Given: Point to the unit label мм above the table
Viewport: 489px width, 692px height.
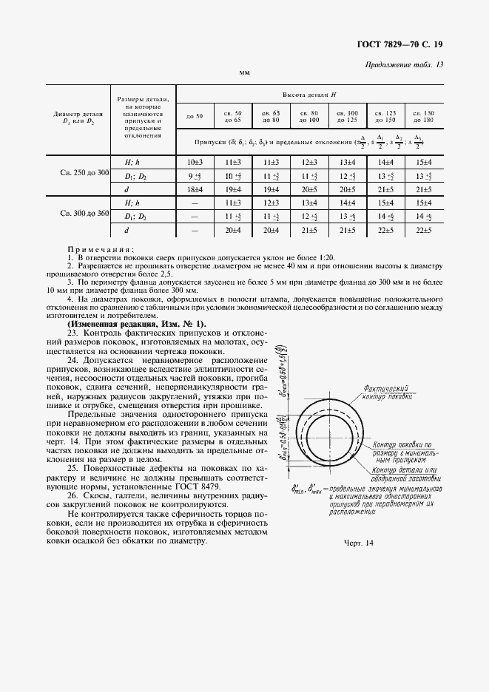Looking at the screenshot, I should click(x=244, y=74).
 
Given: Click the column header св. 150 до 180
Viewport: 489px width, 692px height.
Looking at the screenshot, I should click(x=423, y=116).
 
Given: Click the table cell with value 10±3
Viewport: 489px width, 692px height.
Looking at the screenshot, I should click(x=195, y=161).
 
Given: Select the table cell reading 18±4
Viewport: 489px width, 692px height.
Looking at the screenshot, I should click(x=195, y=190).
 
